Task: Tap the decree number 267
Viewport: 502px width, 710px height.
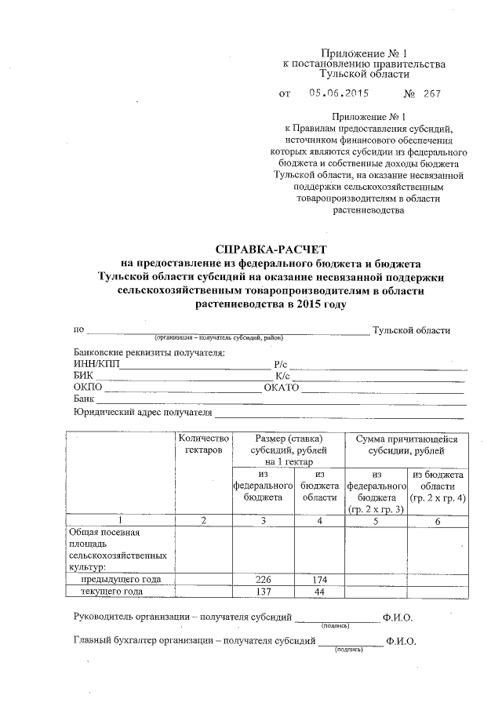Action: click(x=431, y=94)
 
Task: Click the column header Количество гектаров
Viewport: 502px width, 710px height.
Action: click(x=204, y=445)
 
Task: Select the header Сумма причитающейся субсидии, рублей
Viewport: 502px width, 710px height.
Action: click(x=406, y=445)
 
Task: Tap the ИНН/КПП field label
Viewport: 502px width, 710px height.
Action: click(x=95, y=364)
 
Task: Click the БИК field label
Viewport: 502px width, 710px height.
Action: click(x=83, y=376)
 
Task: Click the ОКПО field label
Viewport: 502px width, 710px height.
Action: click(x=87, y=388)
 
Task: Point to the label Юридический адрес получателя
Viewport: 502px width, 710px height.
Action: click(x=143, y=412)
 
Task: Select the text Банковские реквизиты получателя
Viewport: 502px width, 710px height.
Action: click(x=149, y=351)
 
